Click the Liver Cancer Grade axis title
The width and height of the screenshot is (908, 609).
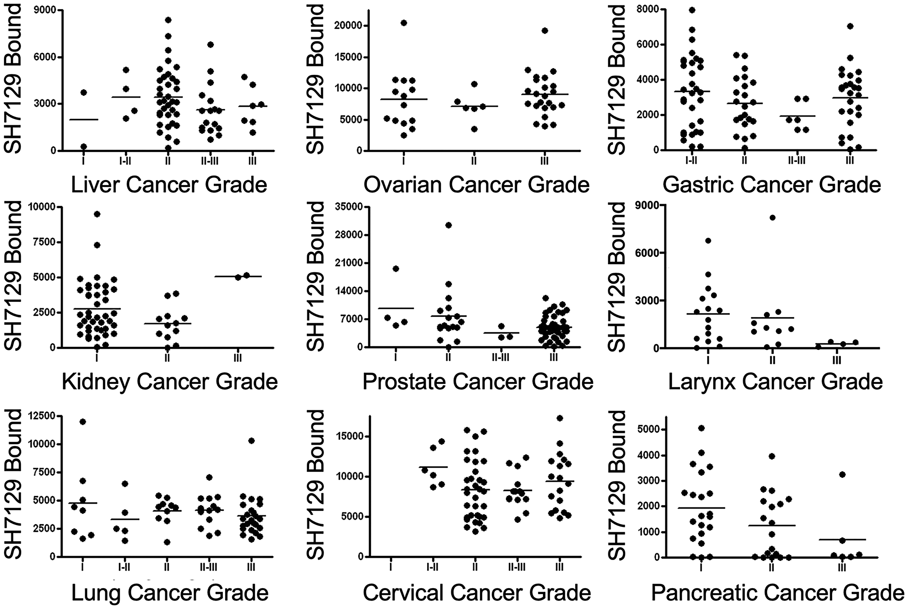pos(169,185)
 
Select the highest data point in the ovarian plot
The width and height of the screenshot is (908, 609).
pos(404,23)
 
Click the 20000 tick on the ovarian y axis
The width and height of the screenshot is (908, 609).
pos(348,25)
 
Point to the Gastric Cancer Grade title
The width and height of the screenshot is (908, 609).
pos(771,185)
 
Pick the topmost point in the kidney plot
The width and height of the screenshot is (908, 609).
pos(97,214)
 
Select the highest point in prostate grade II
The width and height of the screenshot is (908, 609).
pos(449,225)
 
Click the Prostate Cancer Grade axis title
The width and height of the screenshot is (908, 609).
pos(478,382)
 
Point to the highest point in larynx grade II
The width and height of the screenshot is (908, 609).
pos(772,217)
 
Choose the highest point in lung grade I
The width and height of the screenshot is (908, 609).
pos(83,422)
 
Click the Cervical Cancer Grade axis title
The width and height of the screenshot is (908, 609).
pos(477,593)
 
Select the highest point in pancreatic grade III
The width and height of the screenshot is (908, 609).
pos(842,475)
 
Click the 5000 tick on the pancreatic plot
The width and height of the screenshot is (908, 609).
pos(650,430)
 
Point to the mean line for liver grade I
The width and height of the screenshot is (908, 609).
pos(84,119)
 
